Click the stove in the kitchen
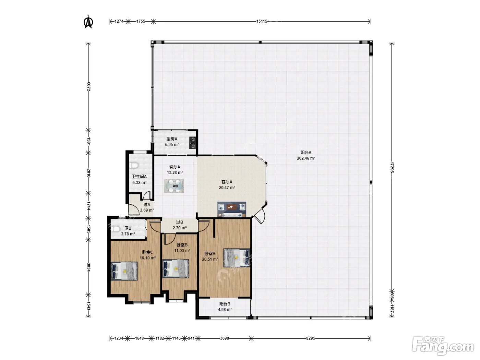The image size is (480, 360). point(192,143)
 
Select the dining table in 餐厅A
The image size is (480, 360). point(174,186)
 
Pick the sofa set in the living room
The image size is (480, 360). point(231,209)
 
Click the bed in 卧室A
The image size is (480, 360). point(236,258)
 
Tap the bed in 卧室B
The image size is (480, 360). point(176,268)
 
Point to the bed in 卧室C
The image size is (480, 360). point(124,271)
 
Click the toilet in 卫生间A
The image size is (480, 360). point(134,166)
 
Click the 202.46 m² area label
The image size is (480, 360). point(306,158)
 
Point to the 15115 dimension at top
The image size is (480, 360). point(262,21)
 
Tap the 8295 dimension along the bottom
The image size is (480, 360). point(311,338)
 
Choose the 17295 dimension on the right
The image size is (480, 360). point(392,167)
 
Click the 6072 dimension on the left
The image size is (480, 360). point(88,87)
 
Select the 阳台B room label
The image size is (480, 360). point(225,304)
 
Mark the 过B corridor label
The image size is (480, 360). point(180,222)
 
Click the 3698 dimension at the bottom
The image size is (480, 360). point(225,338)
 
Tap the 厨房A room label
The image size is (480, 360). point(172,139)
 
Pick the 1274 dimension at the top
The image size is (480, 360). point(119,21)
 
